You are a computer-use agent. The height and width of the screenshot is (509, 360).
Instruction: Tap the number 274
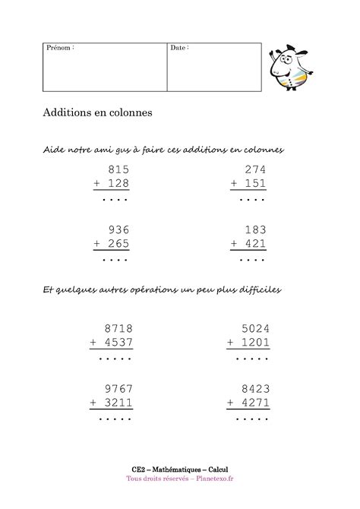(255, 169)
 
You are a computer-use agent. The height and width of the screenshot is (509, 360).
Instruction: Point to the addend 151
(255, 184)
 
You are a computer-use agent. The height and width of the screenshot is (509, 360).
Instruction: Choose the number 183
(255, 229)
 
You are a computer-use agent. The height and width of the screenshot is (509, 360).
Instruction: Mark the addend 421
(255, 244)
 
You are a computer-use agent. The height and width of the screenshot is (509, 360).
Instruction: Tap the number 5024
(254, 328)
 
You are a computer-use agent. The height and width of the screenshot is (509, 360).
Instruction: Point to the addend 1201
(254, 343)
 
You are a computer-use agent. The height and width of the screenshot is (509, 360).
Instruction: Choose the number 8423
(254, 388)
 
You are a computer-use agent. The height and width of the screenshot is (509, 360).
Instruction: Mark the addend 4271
(254, 403)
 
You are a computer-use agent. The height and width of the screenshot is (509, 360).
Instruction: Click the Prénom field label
(61, 48)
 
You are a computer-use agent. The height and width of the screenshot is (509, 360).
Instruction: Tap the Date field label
(179, 48)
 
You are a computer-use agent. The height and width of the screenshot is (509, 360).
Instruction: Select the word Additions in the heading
(68, 112)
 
